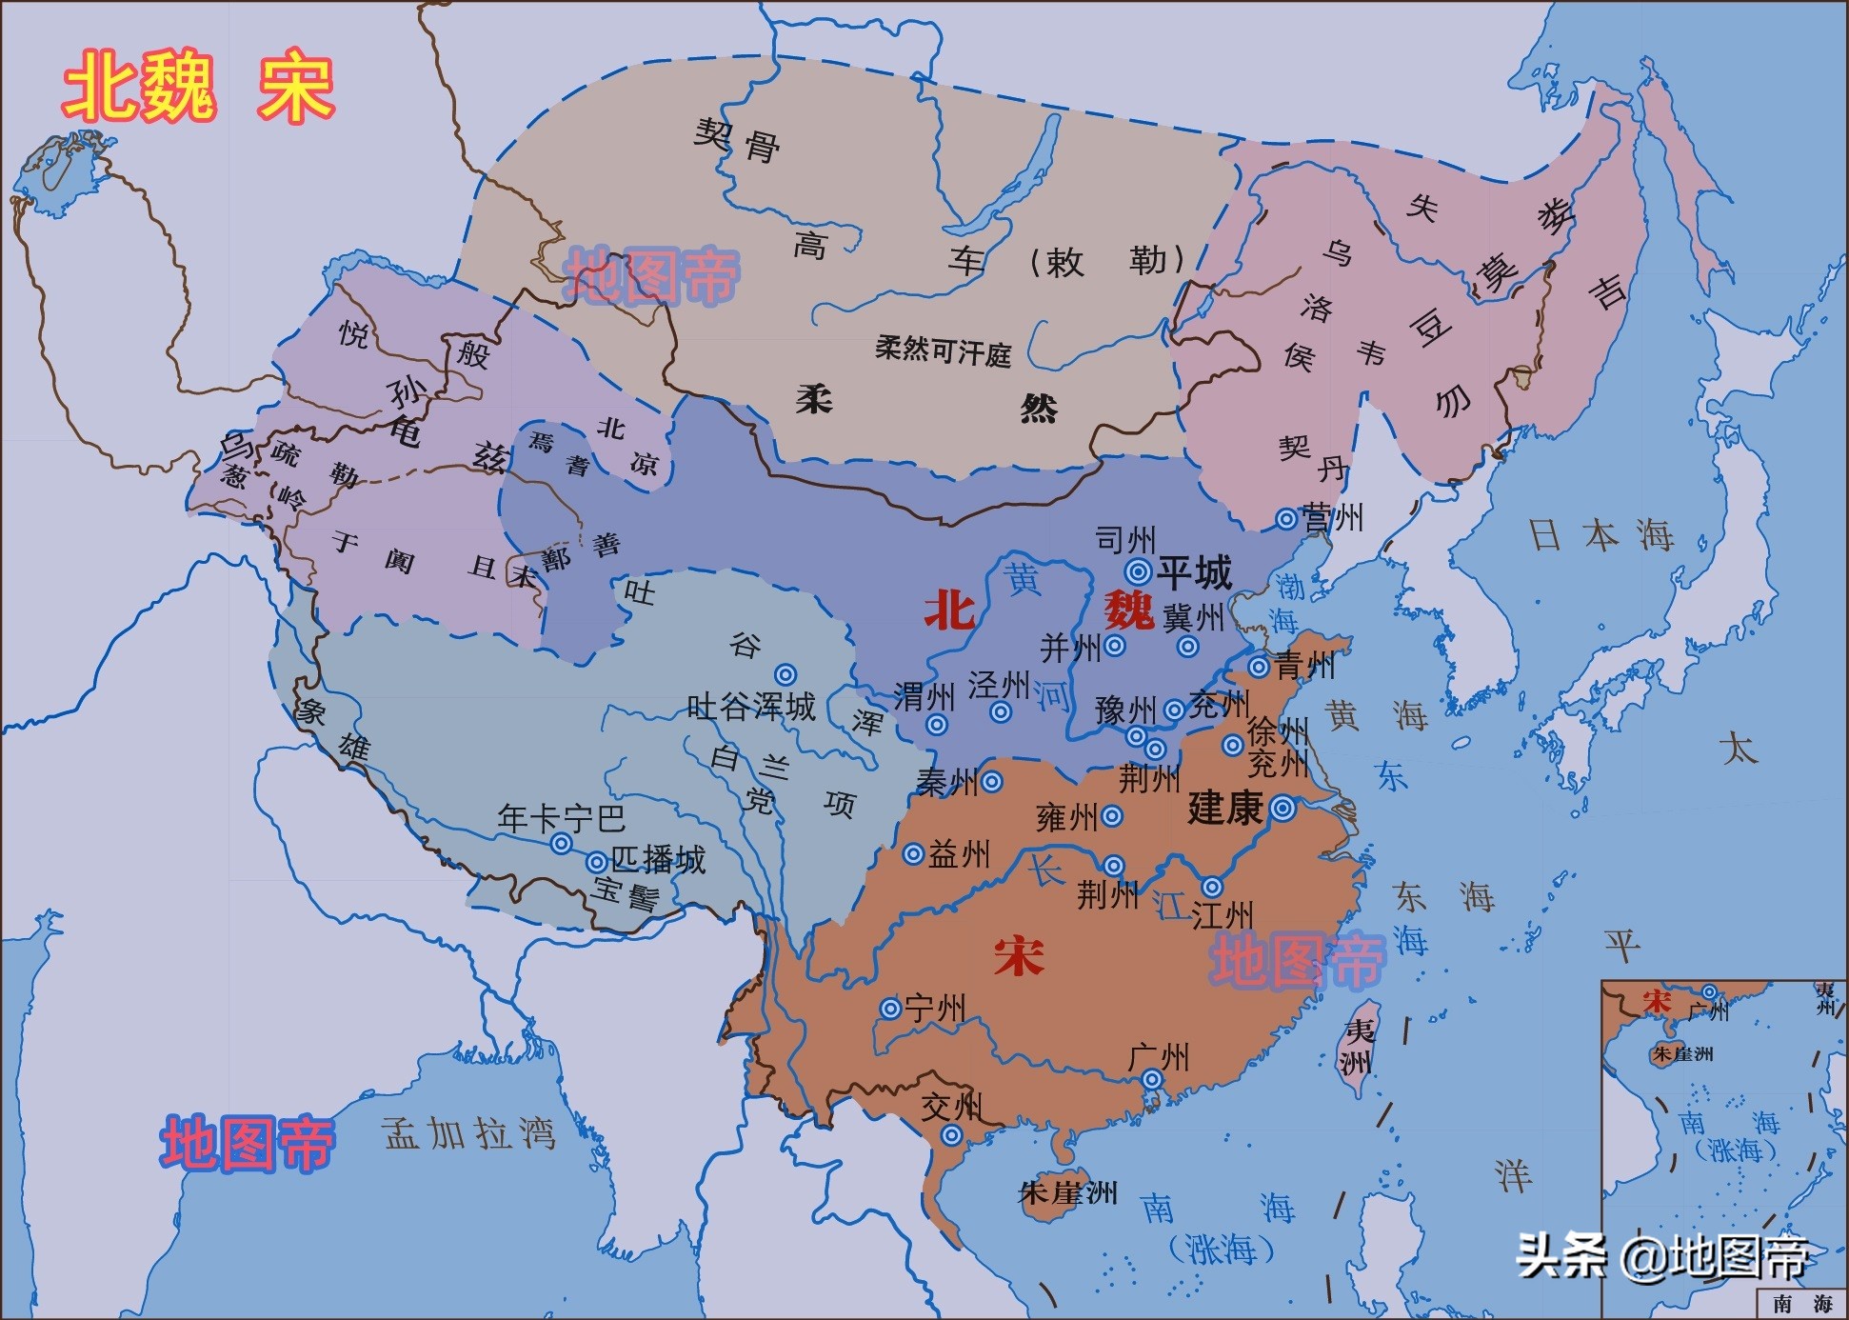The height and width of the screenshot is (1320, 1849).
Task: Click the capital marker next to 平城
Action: [1139, 571]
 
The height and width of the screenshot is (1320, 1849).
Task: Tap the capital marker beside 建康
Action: [1282, 810]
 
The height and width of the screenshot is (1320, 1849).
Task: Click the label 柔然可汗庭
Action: [943, 351]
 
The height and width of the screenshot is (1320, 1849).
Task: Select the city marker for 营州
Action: [1286, 519]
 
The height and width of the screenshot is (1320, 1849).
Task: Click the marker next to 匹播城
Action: [597, 863]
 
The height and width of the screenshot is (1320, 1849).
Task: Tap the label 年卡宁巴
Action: [561, 818]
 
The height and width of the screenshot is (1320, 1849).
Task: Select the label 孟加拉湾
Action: [468, 1133]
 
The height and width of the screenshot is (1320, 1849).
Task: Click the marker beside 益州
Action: [913, 854]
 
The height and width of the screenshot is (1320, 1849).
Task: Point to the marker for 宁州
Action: [890, 1009]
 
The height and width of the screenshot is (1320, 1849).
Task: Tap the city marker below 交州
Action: [951, 1135]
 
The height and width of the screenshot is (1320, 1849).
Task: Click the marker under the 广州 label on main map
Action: [1152, 1080]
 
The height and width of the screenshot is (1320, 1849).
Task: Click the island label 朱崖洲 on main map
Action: [1067, 1192]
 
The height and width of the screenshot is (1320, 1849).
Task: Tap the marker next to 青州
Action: [1259, 667]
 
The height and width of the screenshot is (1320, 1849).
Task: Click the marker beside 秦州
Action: [991, 782]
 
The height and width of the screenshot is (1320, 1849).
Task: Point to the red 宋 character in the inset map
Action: [1657, 1002]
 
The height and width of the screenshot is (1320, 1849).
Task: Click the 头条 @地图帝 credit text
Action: [1661, 1256]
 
